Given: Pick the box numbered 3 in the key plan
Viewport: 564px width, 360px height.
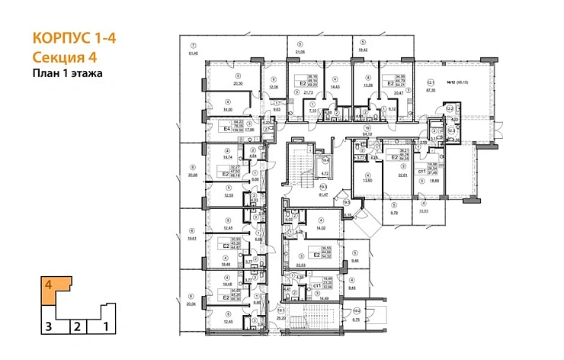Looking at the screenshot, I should click(x=48, y=327).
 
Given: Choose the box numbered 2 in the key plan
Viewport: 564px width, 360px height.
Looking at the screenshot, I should click(x=77, y=327).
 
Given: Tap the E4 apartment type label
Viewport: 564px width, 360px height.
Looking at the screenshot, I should click(x=226, y=130).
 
